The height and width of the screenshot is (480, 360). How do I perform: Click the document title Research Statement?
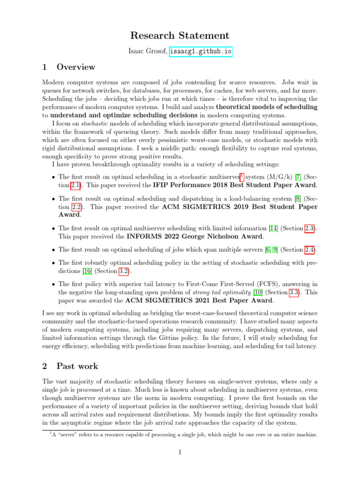180,36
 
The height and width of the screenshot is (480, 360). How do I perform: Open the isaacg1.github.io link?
201,52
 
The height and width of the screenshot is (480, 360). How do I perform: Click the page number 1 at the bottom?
180,452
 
